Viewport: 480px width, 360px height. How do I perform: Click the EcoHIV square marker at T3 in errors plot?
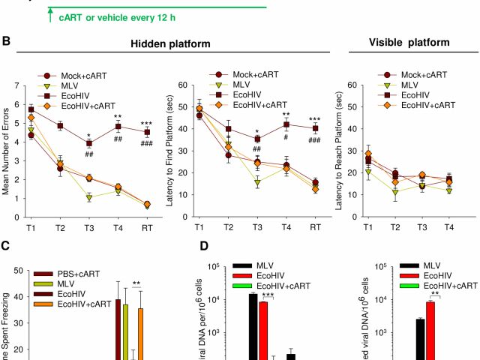point(88,143)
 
